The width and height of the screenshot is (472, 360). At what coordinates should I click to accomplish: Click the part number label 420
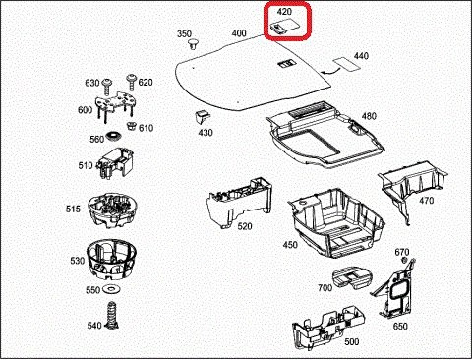284,12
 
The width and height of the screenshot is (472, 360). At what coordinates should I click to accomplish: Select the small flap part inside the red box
283,27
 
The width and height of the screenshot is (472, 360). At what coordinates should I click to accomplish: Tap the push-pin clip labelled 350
194,44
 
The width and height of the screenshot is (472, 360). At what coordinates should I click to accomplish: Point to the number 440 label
361,56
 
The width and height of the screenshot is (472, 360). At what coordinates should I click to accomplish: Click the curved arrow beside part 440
328,71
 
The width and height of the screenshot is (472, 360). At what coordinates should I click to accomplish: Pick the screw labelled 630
107,87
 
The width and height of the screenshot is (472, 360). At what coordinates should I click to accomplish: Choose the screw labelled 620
131,82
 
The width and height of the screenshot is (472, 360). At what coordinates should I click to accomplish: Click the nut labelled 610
132,126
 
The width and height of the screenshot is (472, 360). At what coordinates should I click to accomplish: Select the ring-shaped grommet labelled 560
114,136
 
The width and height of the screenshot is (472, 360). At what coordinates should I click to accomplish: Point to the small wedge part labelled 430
202,117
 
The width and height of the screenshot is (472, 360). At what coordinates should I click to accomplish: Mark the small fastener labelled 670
404,260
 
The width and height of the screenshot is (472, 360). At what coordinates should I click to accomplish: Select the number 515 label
73,209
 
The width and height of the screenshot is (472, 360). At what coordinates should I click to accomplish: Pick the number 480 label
369,116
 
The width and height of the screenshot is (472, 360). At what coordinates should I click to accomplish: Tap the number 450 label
290,245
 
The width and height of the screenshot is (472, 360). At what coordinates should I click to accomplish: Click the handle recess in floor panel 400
286,63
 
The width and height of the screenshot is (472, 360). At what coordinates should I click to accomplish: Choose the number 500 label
351,342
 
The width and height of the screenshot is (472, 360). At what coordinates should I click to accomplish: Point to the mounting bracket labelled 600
115,105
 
